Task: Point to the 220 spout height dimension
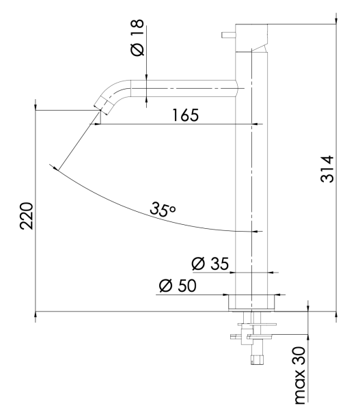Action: [x=26, y=217]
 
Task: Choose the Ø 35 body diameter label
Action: [x=210, y=263]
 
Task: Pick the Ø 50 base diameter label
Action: [x=178, y=285]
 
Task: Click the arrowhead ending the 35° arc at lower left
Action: [x=55, y=166]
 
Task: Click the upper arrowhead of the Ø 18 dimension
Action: [x=147, y=77]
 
